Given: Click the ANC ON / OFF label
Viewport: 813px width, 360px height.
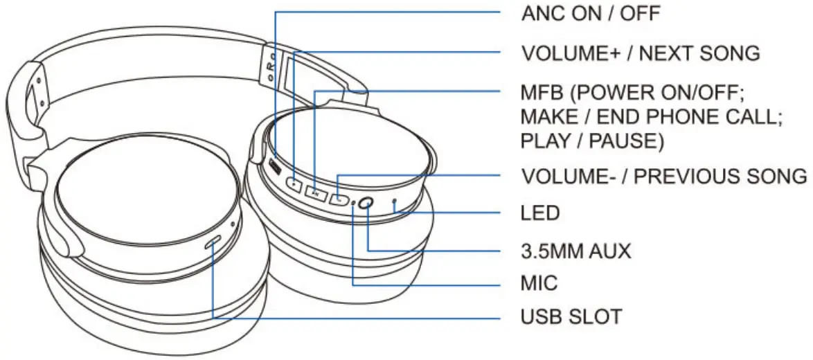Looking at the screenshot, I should point(591,12).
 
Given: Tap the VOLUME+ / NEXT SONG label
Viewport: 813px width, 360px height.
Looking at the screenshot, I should point(641,53).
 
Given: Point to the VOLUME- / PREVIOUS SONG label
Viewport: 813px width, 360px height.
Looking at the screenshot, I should point(663,176).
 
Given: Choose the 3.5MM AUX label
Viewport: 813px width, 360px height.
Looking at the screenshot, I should point(576,251).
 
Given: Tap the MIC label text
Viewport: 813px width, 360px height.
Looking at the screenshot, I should point(539,282).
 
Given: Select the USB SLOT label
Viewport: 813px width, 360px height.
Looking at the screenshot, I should point(571,317).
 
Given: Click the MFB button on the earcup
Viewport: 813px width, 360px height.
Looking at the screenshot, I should point(315,194).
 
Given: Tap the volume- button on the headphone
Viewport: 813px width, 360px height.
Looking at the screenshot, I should point(339,199).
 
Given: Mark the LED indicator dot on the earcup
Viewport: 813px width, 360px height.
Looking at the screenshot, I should point(395,201).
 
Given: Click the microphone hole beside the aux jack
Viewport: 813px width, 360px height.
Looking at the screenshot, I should point(354,203).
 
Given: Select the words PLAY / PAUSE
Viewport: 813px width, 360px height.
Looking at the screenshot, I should point(592,141).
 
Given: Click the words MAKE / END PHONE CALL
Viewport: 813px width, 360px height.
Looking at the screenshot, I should point(651,116).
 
